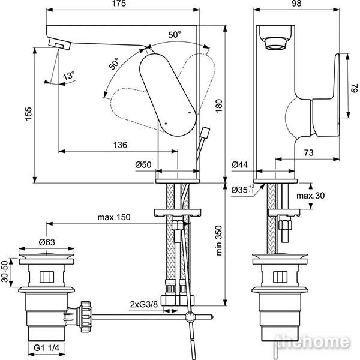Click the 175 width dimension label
(x=119, y=4)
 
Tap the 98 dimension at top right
(x=296, y=4)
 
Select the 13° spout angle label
(x=69, y=75)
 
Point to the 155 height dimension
(x=28, y=113)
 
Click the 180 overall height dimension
(x=219, y=106)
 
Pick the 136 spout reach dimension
(x=120, y=145)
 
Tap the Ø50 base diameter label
(x=143, y=164)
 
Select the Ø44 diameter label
(x=239, y=164)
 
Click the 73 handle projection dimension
(x=308, y=152)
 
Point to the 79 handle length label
(x=355, y=88)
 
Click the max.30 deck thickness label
(x=311, y=196)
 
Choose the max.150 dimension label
(x=114, y=217)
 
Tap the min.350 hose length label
(x=219, y=241)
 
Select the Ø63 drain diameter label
(x=47, y=242)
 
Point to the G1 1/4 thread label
(x=46, y=348)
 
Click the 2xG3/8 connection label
(x=144, y=304)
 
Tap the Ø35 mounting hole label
(x=243, y=190)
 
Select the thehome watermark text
(x=312, y=341)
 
